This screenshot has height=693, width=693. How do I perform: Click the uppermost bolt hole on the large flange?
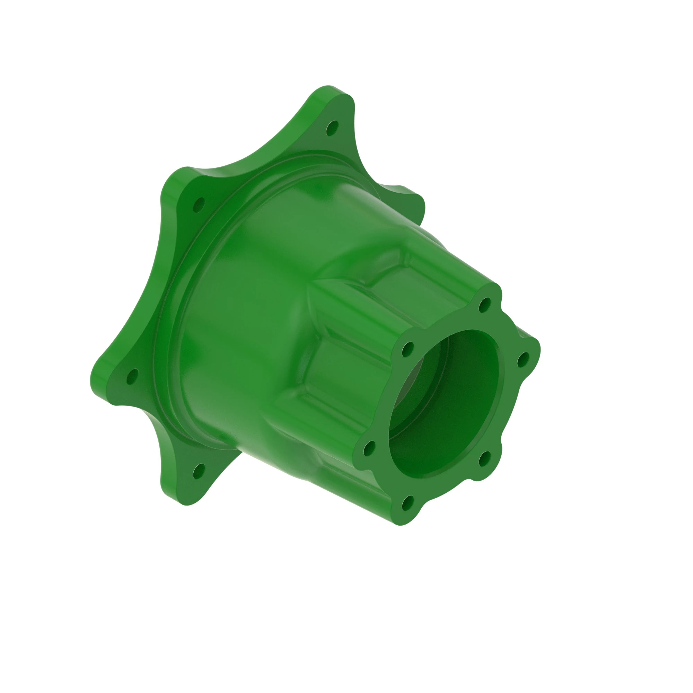(332, 128)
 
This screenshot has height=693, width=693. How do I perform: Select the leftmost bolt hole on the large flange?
(132, 376)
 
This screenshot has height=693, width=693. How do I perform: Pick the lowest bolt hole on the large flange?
(198, 471)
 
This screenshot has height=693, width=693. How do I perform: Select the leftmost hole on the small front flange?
(369, 448)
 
